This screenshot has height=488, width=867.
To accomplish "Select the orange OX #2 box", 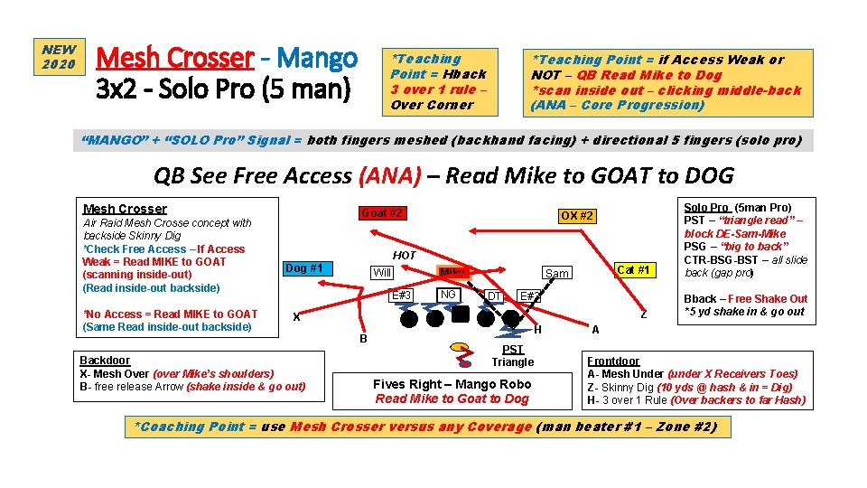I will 576,216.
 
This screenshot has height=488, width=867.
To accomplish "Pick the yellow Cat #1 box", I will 633,269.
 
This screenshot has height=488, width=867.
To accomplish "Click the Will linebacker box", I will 383,273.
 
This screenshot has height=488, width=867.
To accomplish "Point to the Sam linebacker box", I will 556,273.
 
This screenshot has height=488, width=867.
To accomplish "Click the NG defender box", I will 448,295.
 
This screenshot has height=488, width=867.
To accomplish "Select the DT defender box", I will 494,296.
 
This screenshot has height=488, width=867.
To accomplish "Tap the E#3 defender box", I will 400,296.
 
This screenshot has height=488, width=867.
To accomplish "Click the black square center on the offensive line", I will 461,314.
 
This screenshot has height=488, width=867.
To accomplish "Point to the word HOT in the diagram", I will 404,256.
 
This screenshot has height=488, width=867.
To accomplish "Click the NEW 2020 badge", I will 60,57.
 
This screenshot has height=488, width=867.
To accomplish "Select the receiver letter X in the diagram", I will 296,316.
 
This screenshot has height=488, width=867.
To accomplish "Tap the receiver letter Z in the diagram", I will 643,314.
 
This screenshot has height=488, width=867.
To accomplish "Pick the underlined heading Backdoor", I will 105,360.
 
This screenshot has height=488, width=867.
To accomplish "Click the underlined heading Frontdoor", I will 613,359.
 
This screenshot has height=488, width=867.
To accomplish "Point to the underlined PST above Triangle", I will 512,349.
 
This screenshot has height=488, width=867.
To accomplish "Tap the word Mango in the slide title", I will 317,59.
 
